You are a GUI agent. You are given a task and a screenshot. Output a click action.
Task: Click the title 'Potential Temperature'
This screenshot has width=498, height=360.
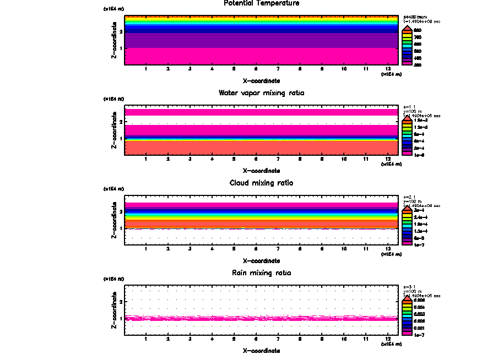tap(262, 3)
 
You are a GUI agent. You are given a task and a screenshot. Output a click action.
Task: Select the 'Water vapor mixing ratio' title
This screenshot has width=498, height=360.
tap(262, 93)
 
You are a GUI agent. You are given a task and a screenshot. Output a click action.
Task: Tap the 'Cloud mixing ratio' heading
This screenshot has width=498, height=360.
tap(262, 183)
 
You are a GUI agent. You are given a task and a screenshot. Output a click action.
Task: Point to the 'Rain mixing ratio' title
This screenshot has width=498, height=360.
tap(262, 273)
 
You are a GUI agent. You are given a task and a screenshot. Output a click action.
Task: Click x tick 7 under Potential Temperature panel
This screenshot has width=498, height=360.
tap(278, 69)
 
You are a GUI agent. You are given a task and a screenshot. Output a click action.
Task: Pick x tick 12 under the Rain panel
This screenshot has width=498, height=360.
tap(388, 339)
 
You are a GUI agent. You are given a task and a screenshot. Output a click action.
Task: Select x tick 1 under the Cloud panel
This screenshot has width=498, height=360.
tap(146, 249)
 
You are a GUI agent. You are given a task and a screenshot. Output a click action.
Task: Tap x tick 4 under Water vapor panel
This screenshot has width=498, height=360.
tap(212, 159)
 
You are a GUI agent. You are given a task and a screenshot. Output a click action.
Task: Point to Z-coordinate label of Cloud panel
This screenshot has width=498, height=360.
tap(114, 222)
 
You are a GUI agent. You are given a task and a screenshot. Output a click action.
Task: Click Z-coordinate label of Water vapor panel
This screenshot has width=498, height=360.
tap(114, 133)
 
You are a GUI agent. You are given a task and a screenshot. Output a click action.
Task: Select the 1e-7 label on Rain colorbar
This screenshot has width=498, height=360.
tap(419, 335)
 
